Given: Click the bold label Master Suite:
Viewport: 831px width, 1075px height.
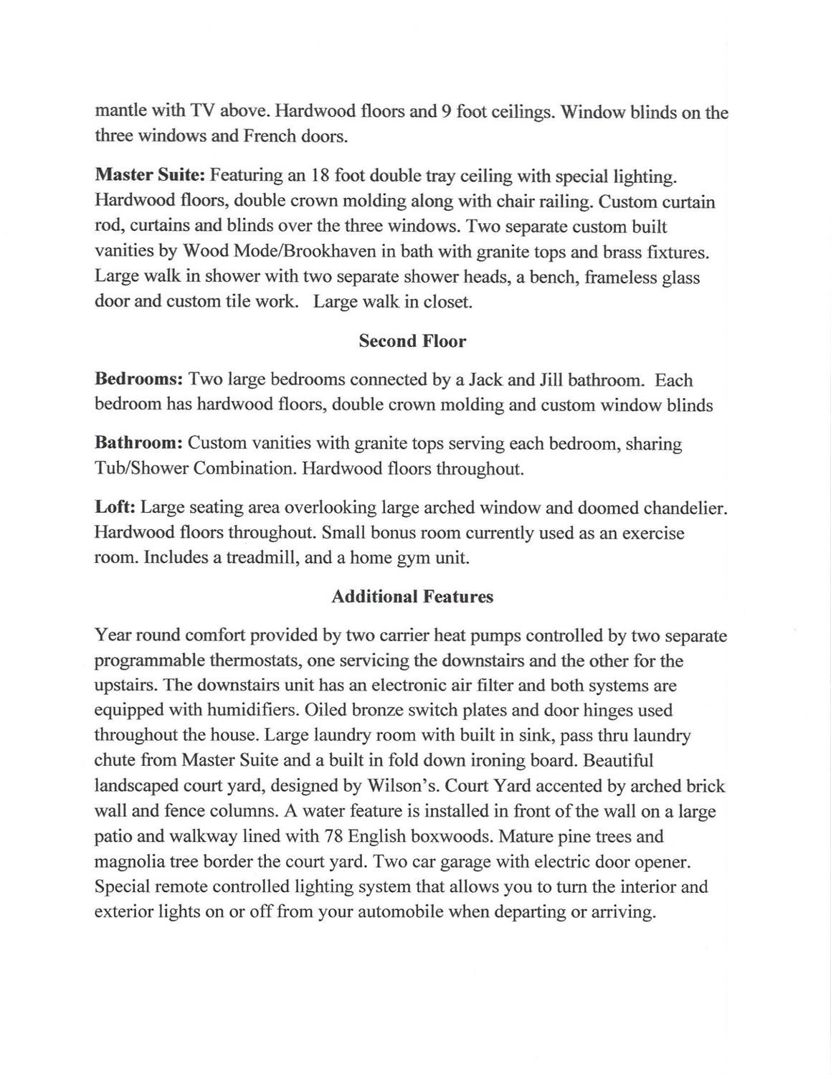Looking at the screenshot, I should coord(151,176).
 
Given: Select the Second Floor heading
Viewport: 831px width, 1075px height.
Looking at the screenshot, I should coord(412,341).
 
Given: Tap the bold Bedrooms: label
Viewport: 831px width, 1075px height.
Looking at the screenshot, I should coord(141,380).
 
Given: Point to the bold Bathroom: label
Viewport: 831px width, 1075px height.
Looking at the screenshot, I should coord(141,444).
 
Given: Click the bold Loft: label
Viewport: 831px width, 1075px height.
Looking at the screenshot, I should coord(115,508).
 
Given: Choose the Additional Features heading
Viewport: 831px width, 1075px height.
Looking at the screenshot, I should coord(412,597).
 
